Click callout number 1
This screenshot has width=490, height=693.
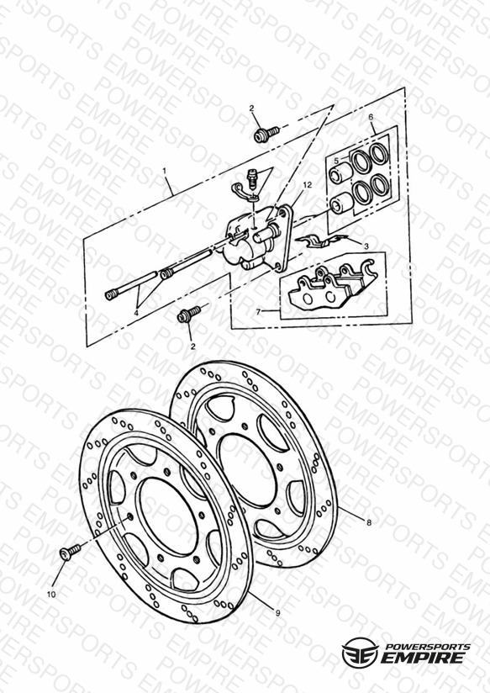pos(165,170)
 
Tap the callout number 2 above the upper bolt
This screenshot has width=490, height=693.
pos(251,108)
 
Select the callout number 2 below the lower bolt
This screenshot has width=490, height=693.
pos(192,346)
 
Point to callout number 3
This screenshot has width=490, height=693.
pos(366,246)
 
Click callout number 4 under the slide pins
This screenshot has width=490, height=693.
pos(136,313)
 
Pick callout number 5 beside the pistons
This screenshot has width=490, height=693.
pos(336,161)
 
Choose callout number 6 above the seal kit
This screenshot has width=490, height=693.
pos(371,117)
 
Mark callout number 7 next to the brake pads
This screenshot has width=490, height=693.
pos(259,311)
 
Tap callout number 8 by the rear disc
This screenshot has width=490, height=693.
pos(369,523)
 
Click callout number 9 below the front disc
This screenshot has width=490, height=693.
pos(277,613)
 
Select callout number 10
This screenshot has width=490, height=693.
pos(51,595)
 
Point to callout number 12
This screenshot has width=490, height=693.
pos(308,185)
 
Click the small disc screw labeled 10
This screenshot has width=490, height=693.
pos(70,552)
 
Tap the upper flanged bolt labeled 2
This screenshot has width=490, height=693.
pos(266,135)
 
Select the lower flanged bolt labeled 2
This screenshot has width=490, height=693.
pos(188,314)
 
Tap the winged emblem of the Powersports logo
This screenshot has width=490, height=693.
pos(359,653)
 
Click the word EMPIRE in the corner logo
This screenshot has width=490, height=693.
pos(423,657)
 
